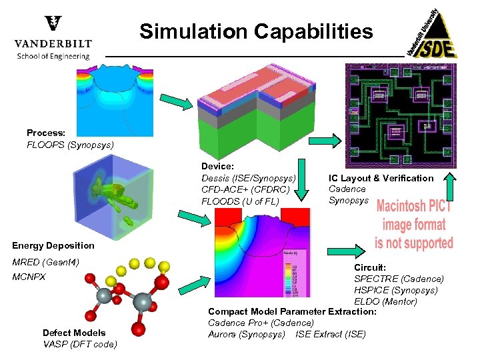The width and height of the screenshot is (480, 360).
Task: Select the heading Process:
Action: coord(46,133)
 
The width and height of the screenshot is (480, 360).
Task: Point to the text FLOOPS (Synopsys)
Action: coord(70,145)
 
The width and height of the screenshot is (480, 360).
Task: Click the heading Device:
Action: coord(217,166)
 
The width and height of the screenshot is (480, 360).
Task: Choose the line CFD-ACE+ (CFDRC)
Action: coord(245,189)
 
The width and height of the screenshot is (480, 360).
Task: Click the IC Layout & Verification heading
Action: coord(381,178)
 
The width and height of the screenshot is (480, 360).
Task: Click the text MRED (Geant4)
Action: coord(46,262)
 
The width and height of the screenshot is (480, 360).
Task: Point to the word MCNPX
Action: coord(29,276)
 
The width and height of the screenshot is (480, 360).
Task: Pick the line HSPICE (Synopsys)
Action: coord(395,290)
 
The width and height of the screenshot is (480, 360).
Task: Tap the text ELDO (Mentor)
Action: coord(385,301)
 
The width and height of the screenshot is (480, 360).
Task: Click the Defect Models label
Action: coord(74,333)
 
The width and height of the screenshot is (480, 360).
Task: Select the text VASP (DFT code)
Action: coord(79,344)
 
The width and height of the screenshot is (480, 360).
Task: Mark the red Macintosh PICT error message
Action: coord(413,224)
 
